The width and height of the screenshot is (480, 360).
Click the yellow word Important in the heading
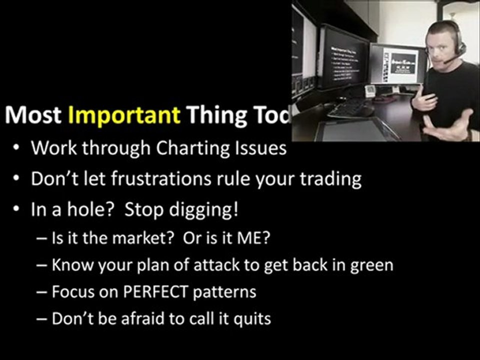pos(123,115)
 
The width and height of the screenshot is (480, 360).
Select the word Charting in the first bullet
pos(191,148)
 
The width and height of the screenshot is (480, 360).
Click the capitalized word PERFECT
pos(150,291)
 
